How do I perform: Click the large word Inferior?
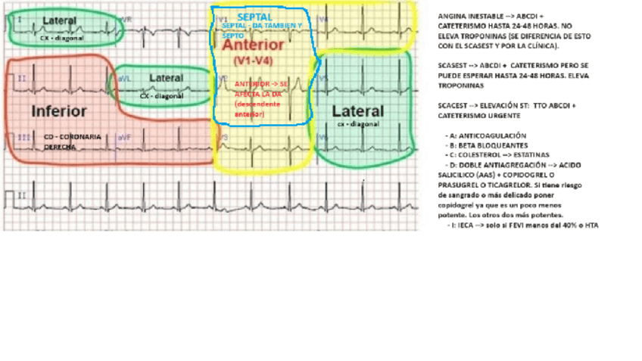[x=59, y=111]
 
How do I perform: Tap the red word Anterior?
[x=254, y=45]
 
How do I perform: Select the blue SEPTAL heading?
[x=254, y=17]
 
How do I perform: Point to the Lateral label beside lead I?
[x=59, y=20]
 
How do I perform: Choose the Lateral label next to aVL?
[x=166, y=78]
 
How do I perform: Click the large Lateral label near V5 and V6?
[x=358, y=111]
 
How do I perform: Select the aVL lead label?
[x=123, y=77]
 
